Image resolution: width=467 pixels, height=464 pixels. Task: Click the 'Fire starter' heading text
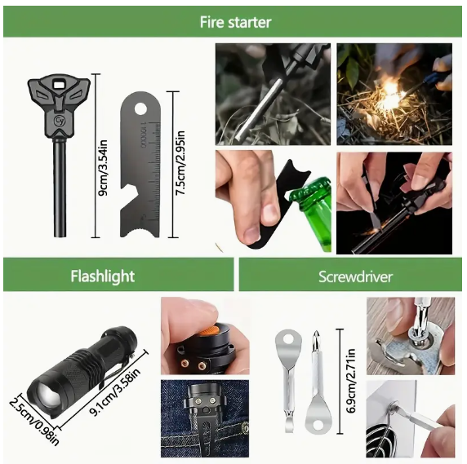click(x=235, y=22)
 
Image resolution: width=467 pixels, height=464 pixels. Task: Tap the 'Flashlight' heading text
click(x=103, y=276)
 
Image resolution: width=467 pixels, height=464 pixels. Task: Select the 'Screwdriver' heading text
click(x=355, y=277)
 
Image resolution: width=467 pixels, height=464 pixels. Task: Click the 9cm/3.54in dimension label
click(x=103, y=168)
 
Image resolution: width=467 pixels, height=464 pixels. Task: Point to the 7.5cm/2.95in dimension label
click(x=180, y=163)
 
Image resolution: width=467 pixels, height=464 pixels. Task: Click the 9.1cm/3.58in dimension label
click(x=115, y=391)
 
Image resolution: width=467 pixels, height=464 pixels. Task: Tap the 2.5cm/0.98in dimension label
click(x=33, y=422)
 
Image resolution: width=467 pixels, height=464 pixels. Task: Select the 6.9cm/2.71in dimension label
click(x=351, y=382)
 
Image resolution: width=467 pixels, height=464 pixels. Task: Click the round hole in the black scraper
click(x=140, y=108)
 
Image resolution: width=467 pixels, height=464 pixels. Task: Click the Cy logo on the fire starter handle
click(x=59, y=121)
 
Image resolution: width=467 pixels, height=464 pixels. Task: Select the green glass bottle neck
click(x=315, y=208)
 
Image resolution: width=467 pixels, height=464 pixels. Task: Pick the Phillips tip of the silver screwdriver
click(x=316, y=337)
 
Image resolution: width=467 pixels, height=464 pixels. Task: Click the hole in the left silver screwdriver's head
click(x=288, y=339)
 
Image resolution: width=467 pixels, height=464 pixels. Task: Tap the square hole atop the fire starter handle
click(x=60, y=85)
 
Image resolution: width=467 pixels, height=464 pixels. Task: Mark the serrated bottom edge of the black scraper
click(x=140, y=232)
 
